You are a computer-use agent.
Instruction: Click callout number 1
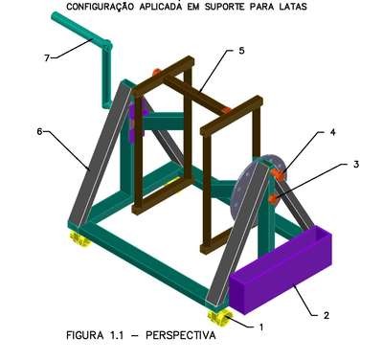pos(261,327)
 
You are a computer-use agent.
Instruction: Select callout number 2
pos(326,315)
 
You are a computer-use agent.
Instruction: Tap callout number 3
pos(356,165)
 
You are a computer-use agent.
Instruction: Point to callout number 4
pos(332,132)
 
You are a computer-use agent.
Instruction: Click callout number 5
pos(241,51)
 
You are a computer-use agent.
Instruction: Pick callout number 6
pos(39,131)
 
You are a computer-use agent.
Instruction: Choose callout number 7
pos(47,57)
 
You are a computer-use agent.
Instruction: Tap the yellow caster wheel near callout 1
pos(220,317)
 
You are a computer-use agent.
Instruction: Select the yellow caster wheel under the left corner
pos(79,238)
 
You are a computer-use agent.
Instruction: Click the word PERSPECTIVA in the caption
pos(181,335)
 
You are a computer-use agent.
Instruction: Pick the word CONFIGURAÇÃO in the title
pos(100,7)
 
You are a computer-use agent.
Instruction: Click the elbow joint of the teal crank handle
pos(107,45)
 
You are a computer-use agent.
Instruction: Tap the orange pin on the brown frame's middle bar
pos(226,110)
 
